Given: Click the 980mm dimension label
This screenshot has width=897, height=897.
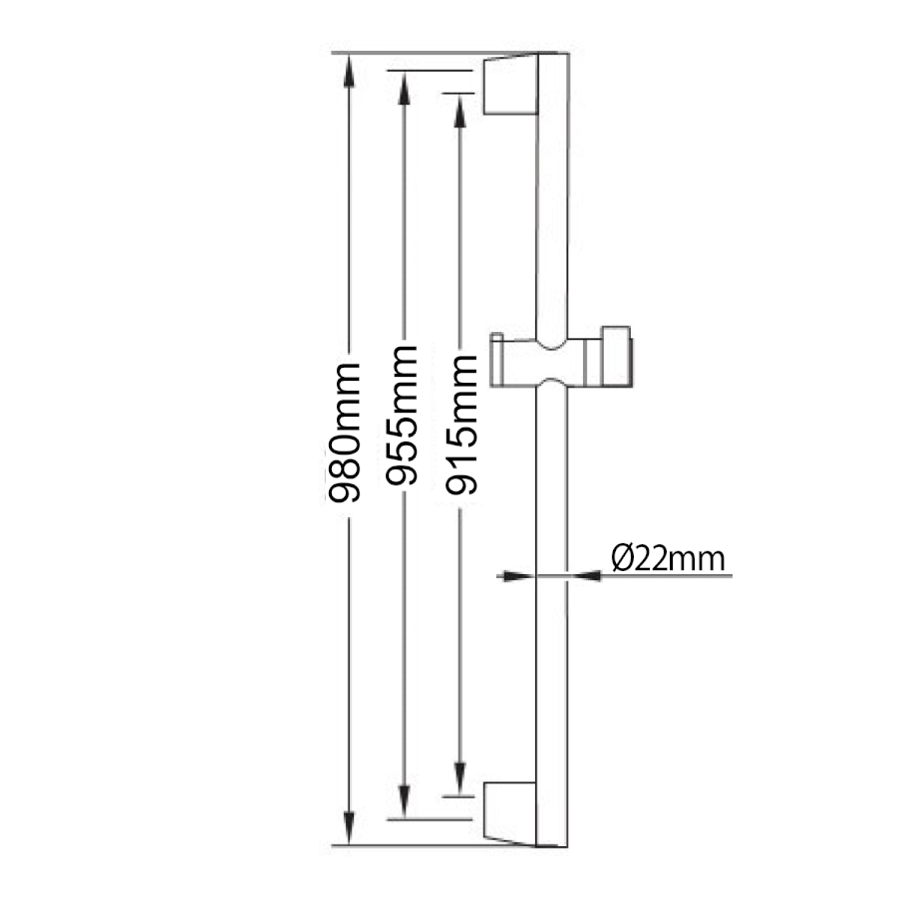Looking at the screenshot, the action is (x=344, y=433).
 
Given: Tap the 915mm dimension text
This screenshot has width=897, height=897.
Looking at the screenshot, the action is (x=461, y=425).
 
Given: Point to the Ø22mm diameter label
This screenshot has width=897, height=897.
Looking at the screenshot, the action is (x=668, y=558).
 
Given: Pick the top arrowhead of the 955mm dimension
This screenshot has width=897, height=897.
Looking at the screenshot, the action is (x=404, y=88).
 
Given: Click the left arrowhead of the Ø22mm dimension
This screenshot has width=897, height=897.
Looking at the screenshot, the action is (x=517, y=576).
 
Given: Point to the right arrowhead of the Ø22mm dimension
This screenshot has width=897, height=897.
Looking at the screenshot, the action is (x=584, y=576).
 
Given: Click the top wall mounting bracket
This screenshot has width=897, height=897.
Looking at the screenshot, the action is (x=510, y=85).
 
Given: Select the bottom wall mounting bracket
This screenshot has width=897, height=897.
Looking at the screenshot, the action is (x=510, y=813).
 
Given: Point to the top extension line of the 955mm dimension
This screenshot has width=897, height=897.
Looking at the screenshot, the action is (x=430, y=71).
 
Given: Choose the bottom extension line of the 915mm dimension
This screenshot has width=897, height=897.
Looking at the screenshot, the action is (x=458, y=795).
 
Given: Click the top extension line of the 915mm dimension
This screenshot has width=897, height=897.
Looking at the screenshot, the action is (x=458, y=93).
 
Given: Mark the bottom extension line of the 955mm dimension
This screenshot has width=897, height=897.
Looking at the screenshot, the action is (x=430, y=820).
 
